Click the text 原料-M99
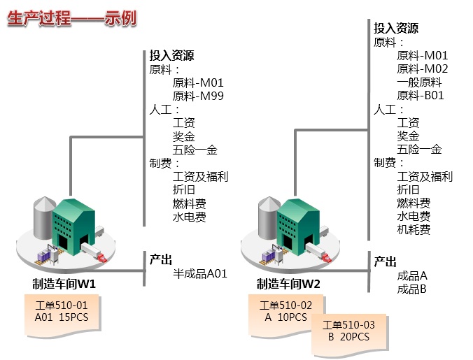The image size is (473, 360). coord(198,96)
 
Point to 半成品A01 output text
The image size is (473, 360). coord(199,274)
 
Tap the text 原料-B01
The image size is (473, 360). coord(421,95)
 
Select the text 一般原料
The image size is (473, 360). coord(419,82)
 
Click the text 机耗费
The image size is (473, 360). coord(414,229)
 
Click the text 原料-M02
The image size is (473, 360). coord(422,69)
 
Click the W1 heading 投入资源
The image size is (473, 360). coord(171,56)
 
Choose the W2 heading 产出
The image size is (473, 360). coord(385,261)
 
